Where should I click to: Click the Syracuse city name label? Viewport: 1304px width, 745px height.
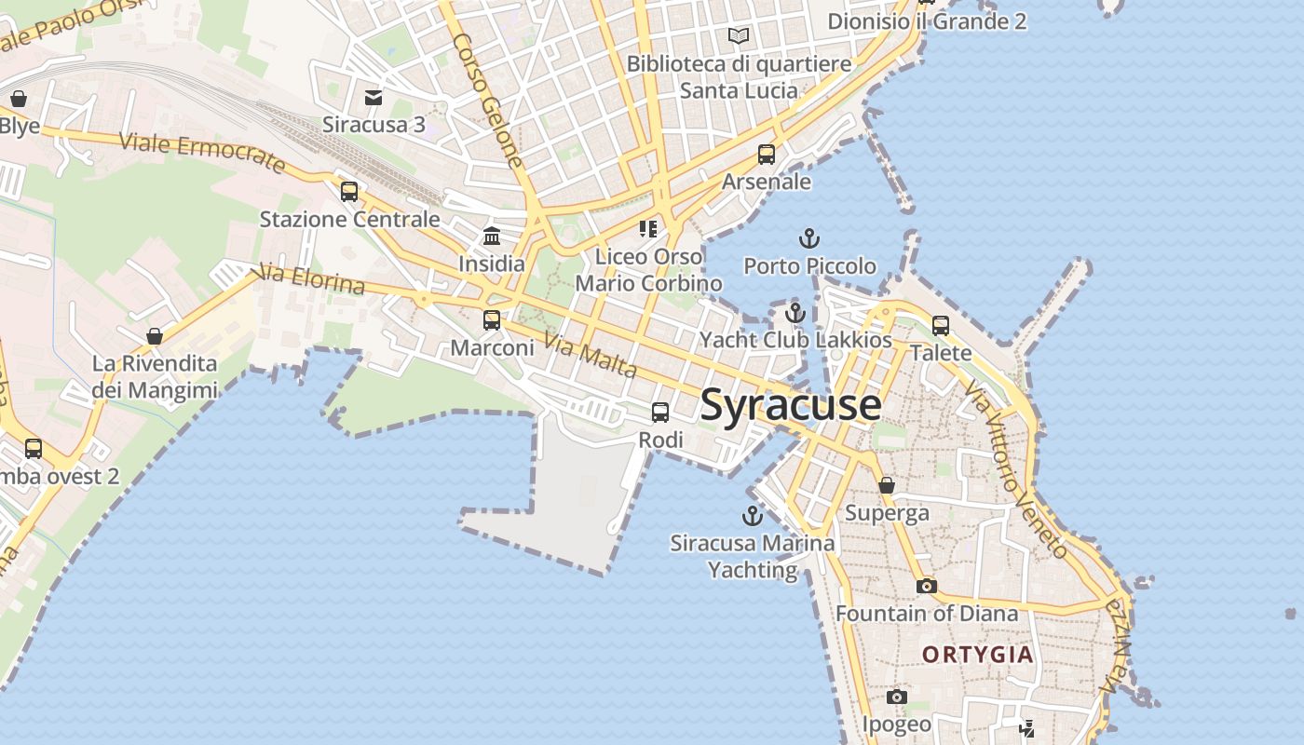pos(791,405)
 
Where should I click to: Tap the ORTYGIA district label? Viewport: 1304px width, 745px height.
pos(978,655)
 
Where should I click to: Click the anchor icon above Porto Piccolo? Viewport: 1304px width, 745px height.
pos(809,239)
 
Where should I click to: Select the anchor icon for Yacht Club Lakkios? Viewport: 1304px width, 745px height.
pos(795,313)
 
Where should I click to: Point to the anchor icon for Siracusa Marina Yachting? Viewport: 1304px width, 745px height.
pos(752,516)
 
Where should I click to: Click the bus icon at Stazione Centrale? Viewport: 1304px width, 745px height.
pos(349,192)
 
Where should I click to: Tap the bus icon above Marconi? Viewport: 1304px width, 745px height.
pos(492,320)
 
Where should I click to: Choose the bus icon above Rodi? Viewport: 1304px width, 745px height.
pos(660,412)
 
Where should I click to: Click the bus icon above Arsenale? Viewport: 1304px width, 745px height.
pos(767,155)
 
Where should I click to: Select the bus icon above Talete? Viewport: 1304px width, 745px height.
pos(941,326)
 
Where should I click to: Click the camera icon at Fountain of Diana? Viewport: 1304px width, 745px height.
pos(926,586)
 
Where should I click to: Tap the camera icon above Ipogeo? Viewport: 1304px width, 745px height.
pos(896,697)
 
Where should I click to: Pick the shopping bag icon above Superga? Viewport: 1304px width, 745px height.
pos(887,485)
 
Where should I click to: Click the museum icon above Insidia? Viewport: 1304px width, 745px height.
pos(492,237)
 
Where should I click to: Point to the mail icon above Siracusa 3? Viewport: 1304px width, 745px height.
pos(374,97)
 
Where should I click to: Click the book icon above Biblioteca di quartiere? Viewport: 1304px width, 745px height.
pos(739,36)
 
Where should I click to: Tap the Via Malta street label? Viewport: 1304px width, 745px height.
pos(591,356)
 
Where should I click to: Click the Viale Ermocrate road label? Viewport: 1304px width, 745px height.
pos(202,153)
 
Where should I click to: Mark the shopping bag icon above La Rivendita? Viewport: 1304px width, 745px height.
pos(155,336)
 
